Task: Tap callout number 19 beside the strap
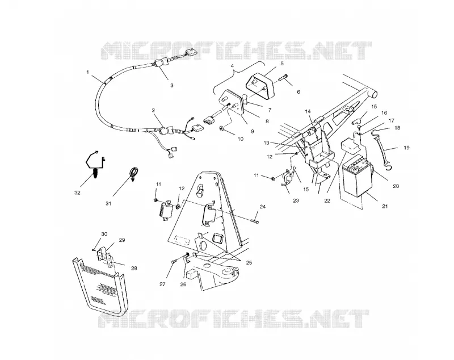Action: [406, 148]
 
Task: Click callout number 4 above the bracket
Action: [232, 66]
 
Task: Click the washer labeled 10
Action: [222, 128]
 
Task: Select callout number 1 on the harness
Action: [88, 72]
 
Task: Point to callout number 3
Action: [172, 85]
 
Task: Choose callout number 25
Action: [249, 263]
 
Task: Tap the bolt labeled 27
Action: [174, 262]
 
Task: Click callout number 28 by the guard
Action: [134, 269]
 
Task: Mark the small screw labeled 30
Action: [94, 249]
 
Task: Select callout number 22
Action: [327, 200]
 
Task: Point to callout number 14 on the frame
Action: [308, 111]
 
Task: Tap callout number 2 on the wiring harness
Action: [153, 110]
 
